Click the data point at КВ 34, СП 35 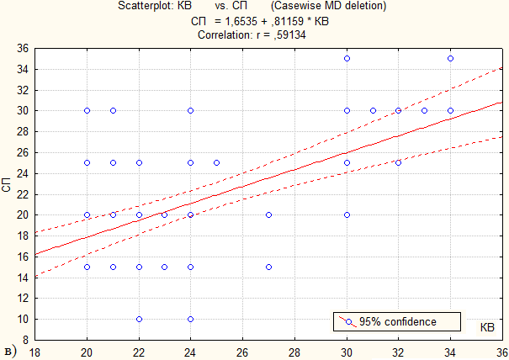coord(450,59)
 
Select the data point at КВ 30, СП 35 coord(347,59)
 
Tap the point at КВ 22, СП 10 coord(140,319)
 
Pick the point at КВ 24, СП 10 coord(190,319)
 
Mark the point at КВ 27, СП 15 coord(268,267)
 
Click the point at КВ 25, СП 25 coord(216,162)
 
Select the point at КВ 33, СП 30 coord(424,111)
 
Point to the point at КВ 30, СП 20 coord(347,214)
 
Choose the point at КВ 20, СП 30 coord(87,111)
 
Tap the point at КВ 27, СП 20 coord(268,214)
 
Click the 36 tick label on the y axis coord(23,49)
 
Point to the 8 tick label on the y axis coord(25,340)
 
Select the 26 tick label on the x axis coord(242,352)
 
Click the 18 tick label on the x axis coord(34,352)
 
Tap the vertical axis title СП coord(7,185)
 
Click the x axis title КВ coord(487,327)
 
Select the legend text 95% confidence coord(398,321)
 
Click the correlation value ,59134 coord(289,34)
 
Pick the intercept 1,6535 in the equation coord(241,21)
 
